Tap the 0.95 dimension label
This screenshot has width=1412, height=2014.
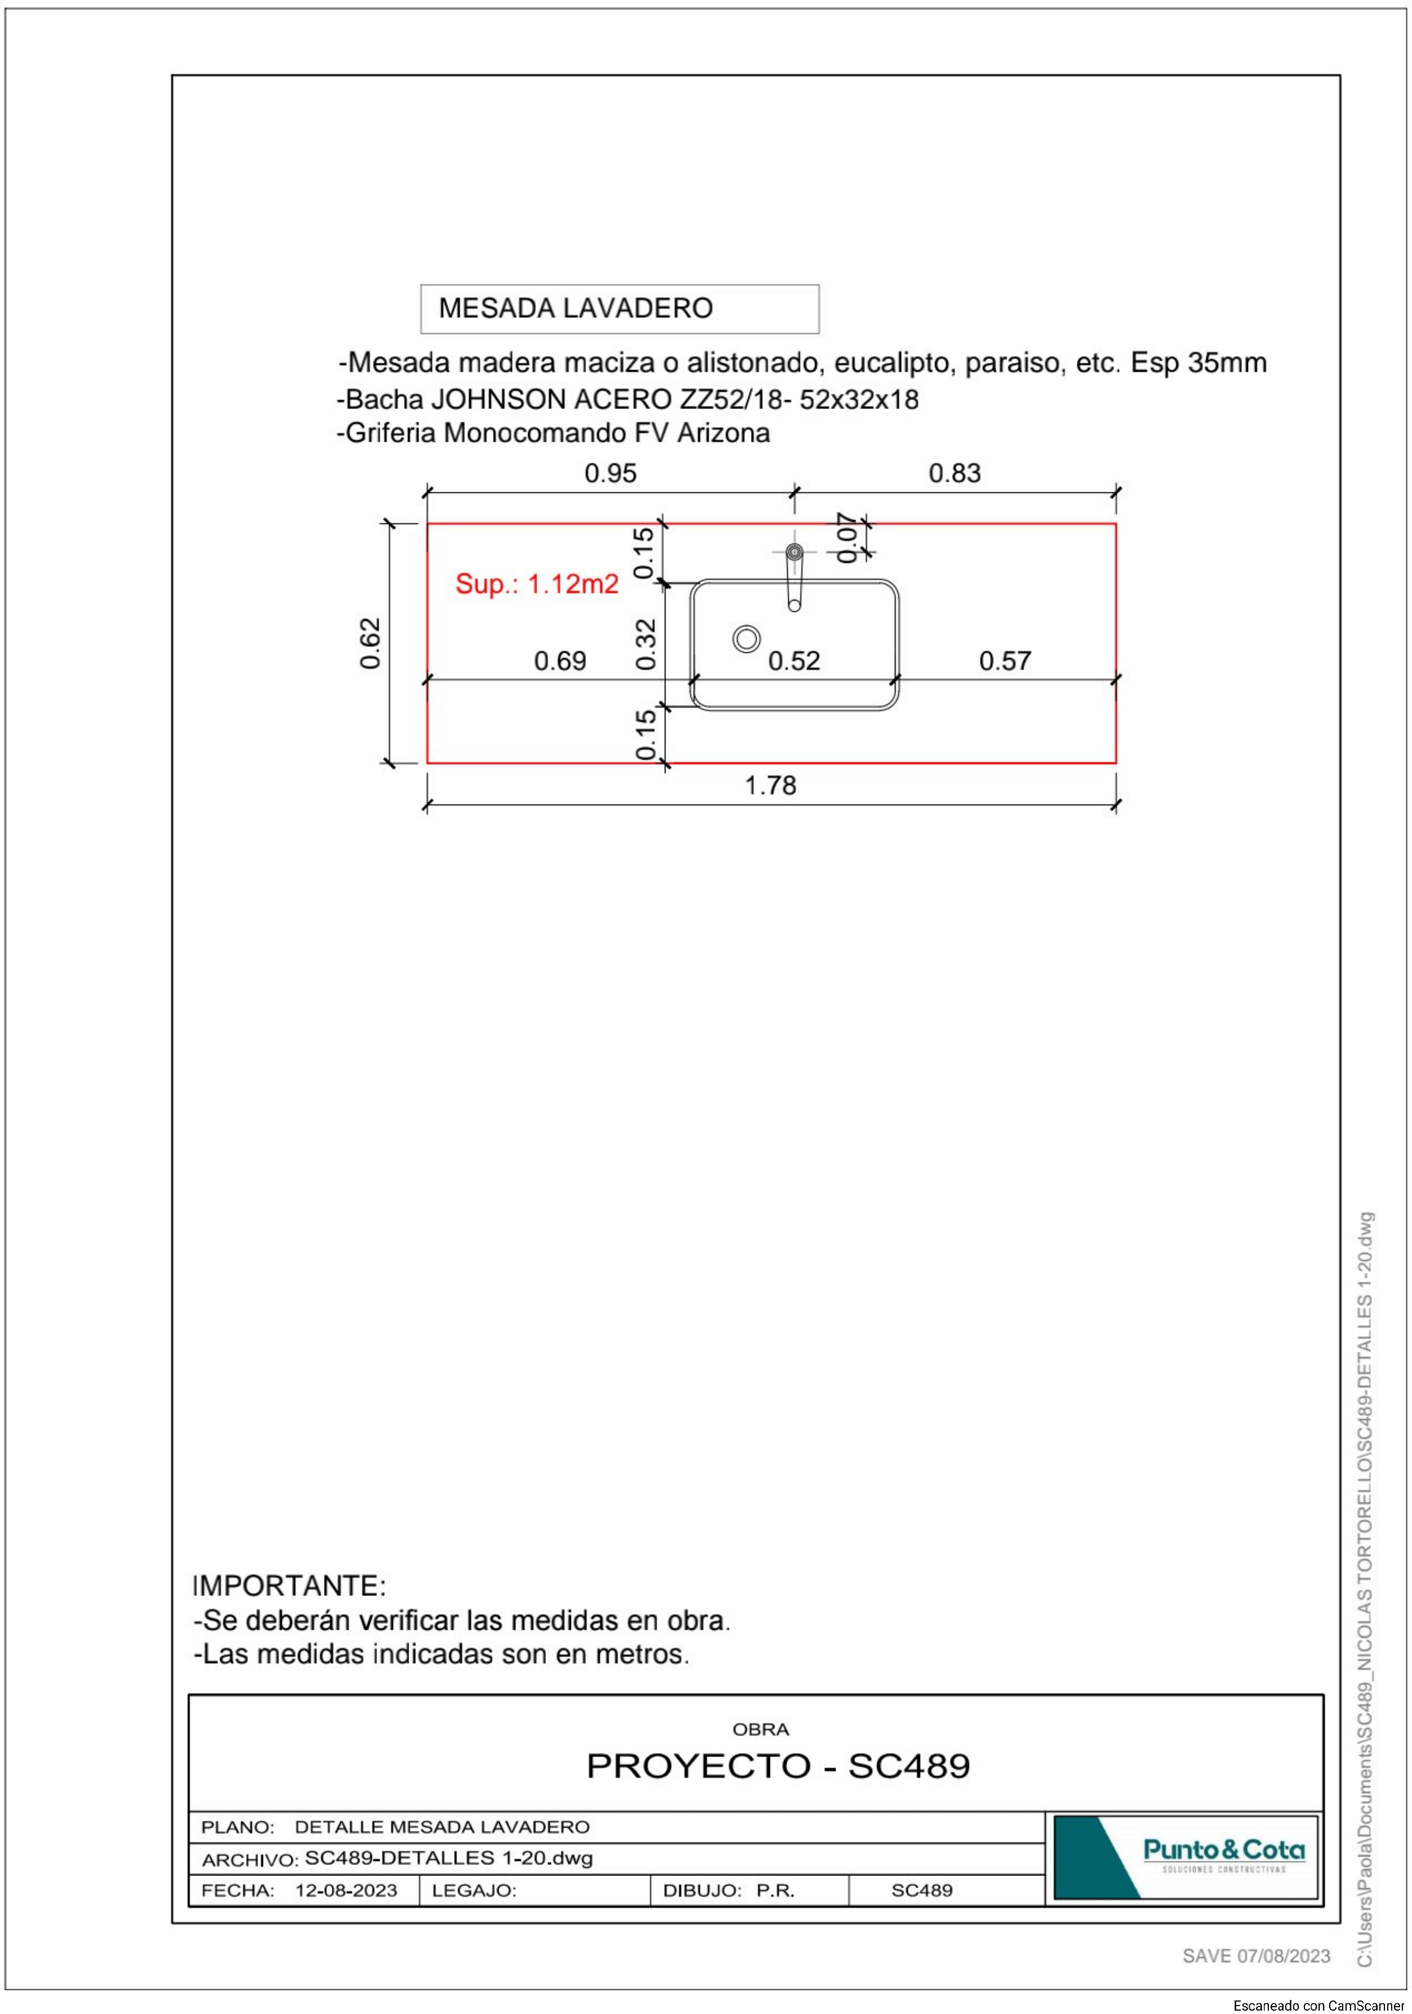click(611, 474)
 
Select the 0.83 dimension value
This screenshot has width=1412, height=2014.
click(955, 474)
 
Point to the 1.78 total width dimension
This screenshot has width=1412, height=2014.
click(770, 785)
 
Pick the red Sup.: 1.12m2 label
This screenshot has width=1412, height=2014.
click(537, 584)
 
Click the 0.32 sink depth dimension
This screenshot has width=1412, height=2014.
click(646, 644)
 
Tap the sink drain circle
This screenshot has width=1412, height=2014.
click(747, 639)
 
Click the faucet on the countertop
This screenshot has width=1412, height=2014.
click(794, 575)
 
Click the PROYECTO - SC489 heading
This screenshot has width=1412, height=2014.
click(778, 1766)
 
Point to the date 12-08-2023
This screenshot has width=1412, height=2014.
click(346, 1890)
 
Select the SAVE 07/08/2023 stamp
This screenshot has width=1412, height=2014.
click(1256, 1956)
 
